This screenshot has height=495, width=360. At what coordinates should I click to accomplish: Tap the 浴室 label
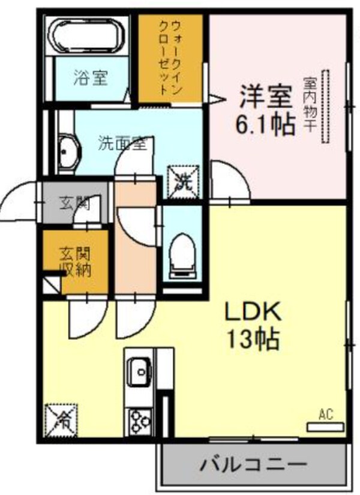tap(91, 78)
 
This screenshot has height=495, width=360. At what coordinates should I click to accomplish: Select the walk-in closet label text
tap(169, 58)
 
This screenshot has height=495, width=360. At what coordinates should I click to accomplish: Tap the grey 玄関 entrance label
tap(74, 203)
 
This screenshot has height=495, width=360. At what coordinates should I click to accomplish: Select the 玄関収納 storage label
tap(74, 262)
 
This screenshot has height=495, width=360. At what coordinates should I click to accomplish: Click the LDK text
tap(253, 312)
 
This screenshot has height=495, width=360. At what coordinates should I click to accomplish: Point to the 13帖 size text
tap(253, 340)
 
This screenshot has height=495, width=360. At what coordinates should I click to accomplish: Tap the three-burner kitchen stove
tap(140, 420)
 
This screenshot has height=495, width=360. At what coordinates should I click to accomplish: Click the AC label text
tap(326, 414)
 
